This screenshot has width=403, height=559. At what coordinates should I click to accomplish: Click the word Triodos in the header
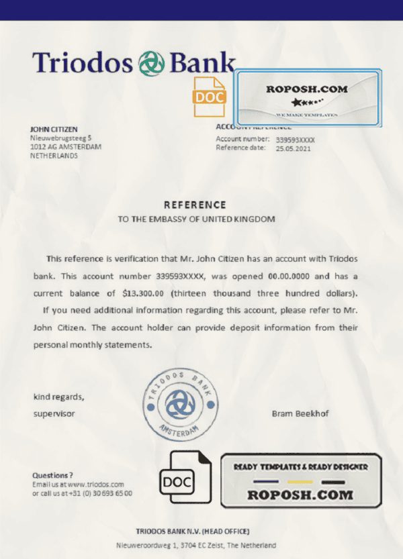point(82,62)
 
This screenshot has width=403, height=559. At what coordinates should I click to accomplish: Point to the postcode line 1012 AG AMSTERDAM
point(66,147)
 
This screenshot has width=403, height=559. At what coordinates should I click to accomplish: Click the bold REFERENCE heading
point(195,205)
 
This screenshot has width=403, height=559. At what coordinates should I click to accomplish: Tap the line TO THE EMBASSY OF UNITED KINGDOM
point(196,219)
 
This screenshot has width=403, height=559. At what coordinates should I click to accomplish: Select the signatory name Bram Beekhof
point(300,414)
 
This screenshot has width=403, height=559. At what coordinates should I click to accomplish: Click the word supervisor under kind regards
point(54,414)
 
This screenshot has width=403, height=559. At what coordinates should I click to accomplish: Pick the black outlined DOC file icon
point(178,479)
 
